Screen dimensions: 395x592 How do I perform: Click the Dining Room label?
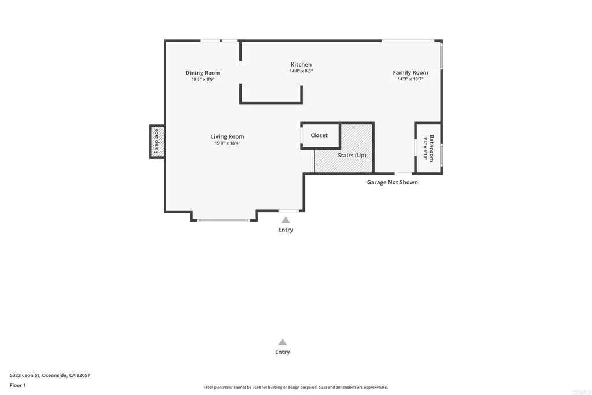click(x=203, y=73)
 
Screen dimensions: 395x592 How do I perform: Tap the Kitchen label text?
click(x=301, y=65)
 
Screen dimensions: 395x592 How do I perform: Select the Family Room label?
click(x=410, y=73)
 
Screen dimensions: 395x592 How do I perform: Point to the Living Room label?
click(x=227, y=137)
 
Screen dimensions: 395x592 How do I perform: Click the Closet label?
click(x=319, y=135)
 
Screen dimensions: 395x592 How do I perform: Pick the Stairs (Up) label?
click(x=352, y=156)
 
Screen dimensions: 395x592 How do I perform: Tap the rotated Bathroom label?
click(x=431, y=149)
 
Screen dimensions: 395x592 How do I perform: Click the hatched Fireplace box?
click(x=156, y=142)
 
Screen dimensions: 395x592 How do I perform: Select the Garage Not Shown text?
click(x=392, y=182)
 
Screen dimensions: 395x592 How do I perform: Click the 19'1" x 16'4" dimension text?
click(x=227, y=143)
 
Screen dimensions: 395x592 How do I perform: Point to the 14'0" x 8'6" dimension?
click(x=301, y=71)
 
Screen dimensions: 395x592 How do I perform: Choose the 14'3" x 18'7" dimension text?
click(x=410, y=79)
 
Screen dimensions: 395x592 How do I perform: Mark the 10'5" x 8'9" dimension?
click(x=203, y=79)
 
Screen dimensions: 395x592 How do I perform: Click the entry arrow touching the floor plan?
click(x=286, y=220)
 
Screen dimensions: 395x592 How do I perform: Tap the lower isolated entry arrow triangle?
click(x=282, y=342)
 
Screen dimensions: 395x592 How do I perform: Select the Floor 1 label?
click(x=18, y=385)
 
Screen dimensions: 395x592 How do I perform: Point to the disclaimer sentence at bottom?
click(x=295, y=387)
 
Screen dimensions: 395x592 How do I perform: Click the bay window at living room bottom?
click(x=224, y=220)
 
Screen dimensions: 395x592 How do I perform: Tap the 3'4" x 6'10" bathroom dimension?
click(x=425, y=149)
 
